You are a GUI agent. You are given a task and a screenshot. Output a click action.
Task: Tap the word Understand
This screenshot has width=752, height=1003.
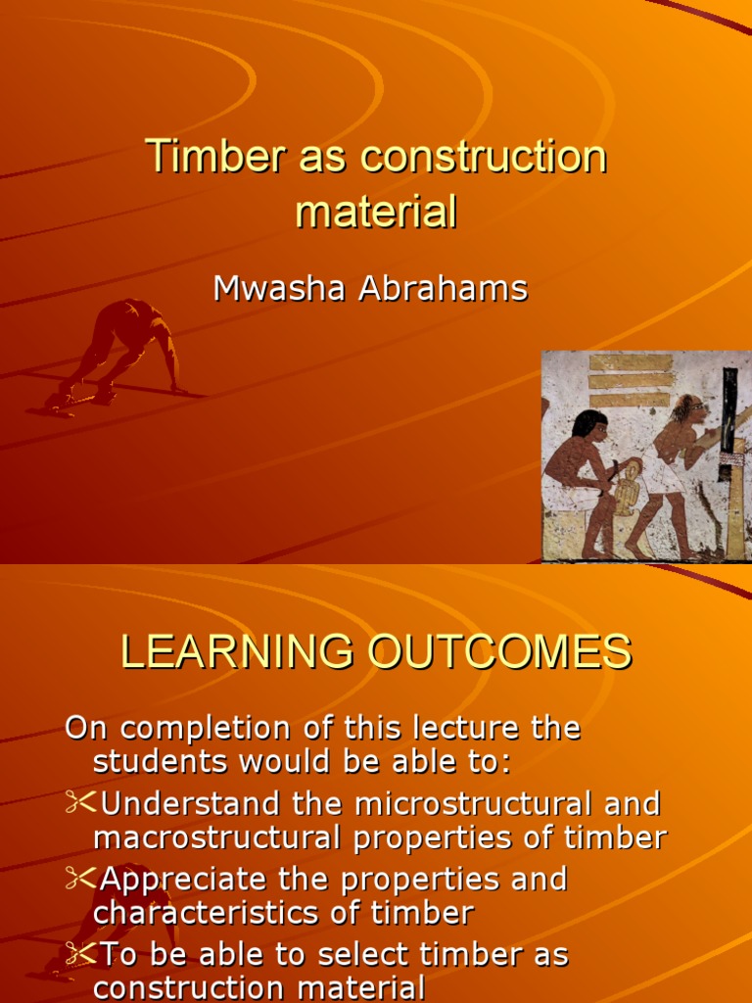pos(195,804)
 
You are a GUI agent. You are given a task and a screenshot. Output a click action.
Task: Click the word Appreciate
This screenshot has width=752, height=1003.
pos(185,879)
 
